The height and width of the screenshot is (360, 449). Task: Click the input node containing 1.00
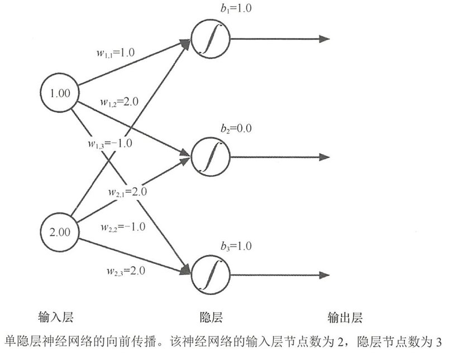(x=60, y=93)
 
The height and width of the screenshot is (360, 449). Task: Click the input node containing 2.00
(x=60, y=230)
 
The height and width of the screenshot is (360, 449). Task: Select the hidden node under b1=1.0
(x=211, y=40)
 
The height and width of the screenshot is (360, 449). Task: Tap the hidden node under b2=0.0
(x=211, y=157)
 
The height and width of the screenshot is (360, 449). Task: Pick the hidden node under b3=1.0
(x=211, y=274)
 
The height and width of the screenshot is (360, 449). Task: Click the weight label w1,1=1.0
(x=115, y=54)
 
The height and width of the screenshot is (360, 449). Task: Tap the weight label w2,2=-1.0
(x=123, y=228)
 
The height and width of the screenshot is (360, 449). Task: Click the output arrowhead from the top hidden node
(x=323, y=39)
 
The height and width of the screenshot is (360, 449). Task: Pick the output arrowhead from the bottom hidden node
(x=323, y=274)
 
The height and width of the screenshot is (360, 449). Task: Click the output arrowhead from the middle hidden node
(x=323, y=157)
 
